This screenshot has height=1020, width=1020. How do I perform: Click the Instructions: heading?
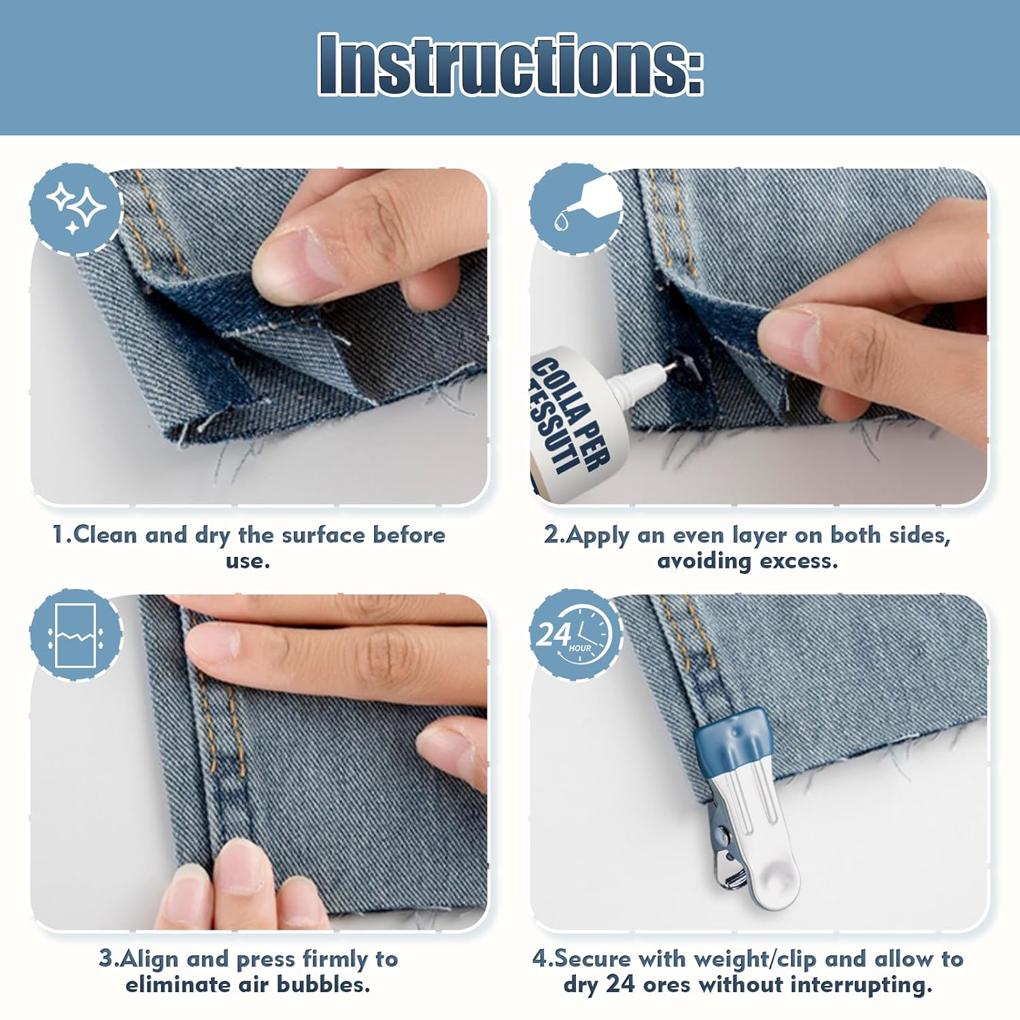pyautogui.click(x=511, y=64)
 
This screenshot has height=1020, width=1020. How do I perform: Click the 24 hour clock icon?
pyautogui.click(x=576, y=635)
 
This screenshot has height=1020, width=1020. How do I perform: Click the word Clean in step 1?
pyautogui.click(x=105, y=535)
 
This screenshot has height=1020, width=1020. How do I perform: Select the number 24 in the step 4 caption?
pyautogui.click(x=620, y=985)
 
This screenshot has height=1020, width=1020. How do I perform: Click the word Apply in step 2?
pyautogui.click(x=597, y=537)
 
